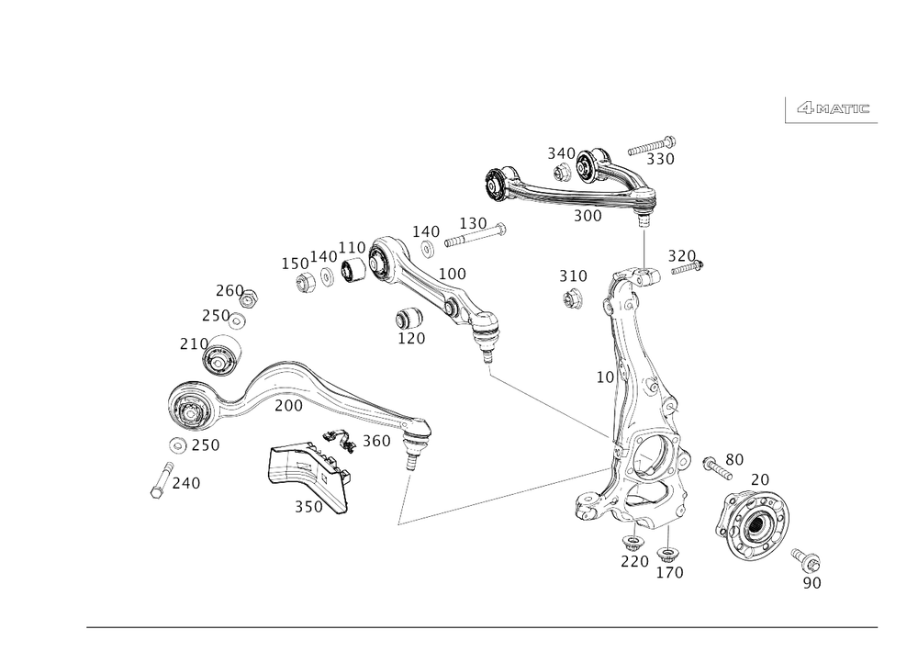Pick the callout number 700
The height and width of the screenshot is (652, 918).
point(287,405)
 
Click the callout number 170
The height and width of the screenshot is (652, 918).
point(411,339)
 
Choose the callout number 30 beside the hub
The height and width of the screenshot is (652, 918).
point(733,458)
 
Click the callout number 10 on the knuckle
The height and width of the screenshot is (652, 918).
point(604,377)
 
